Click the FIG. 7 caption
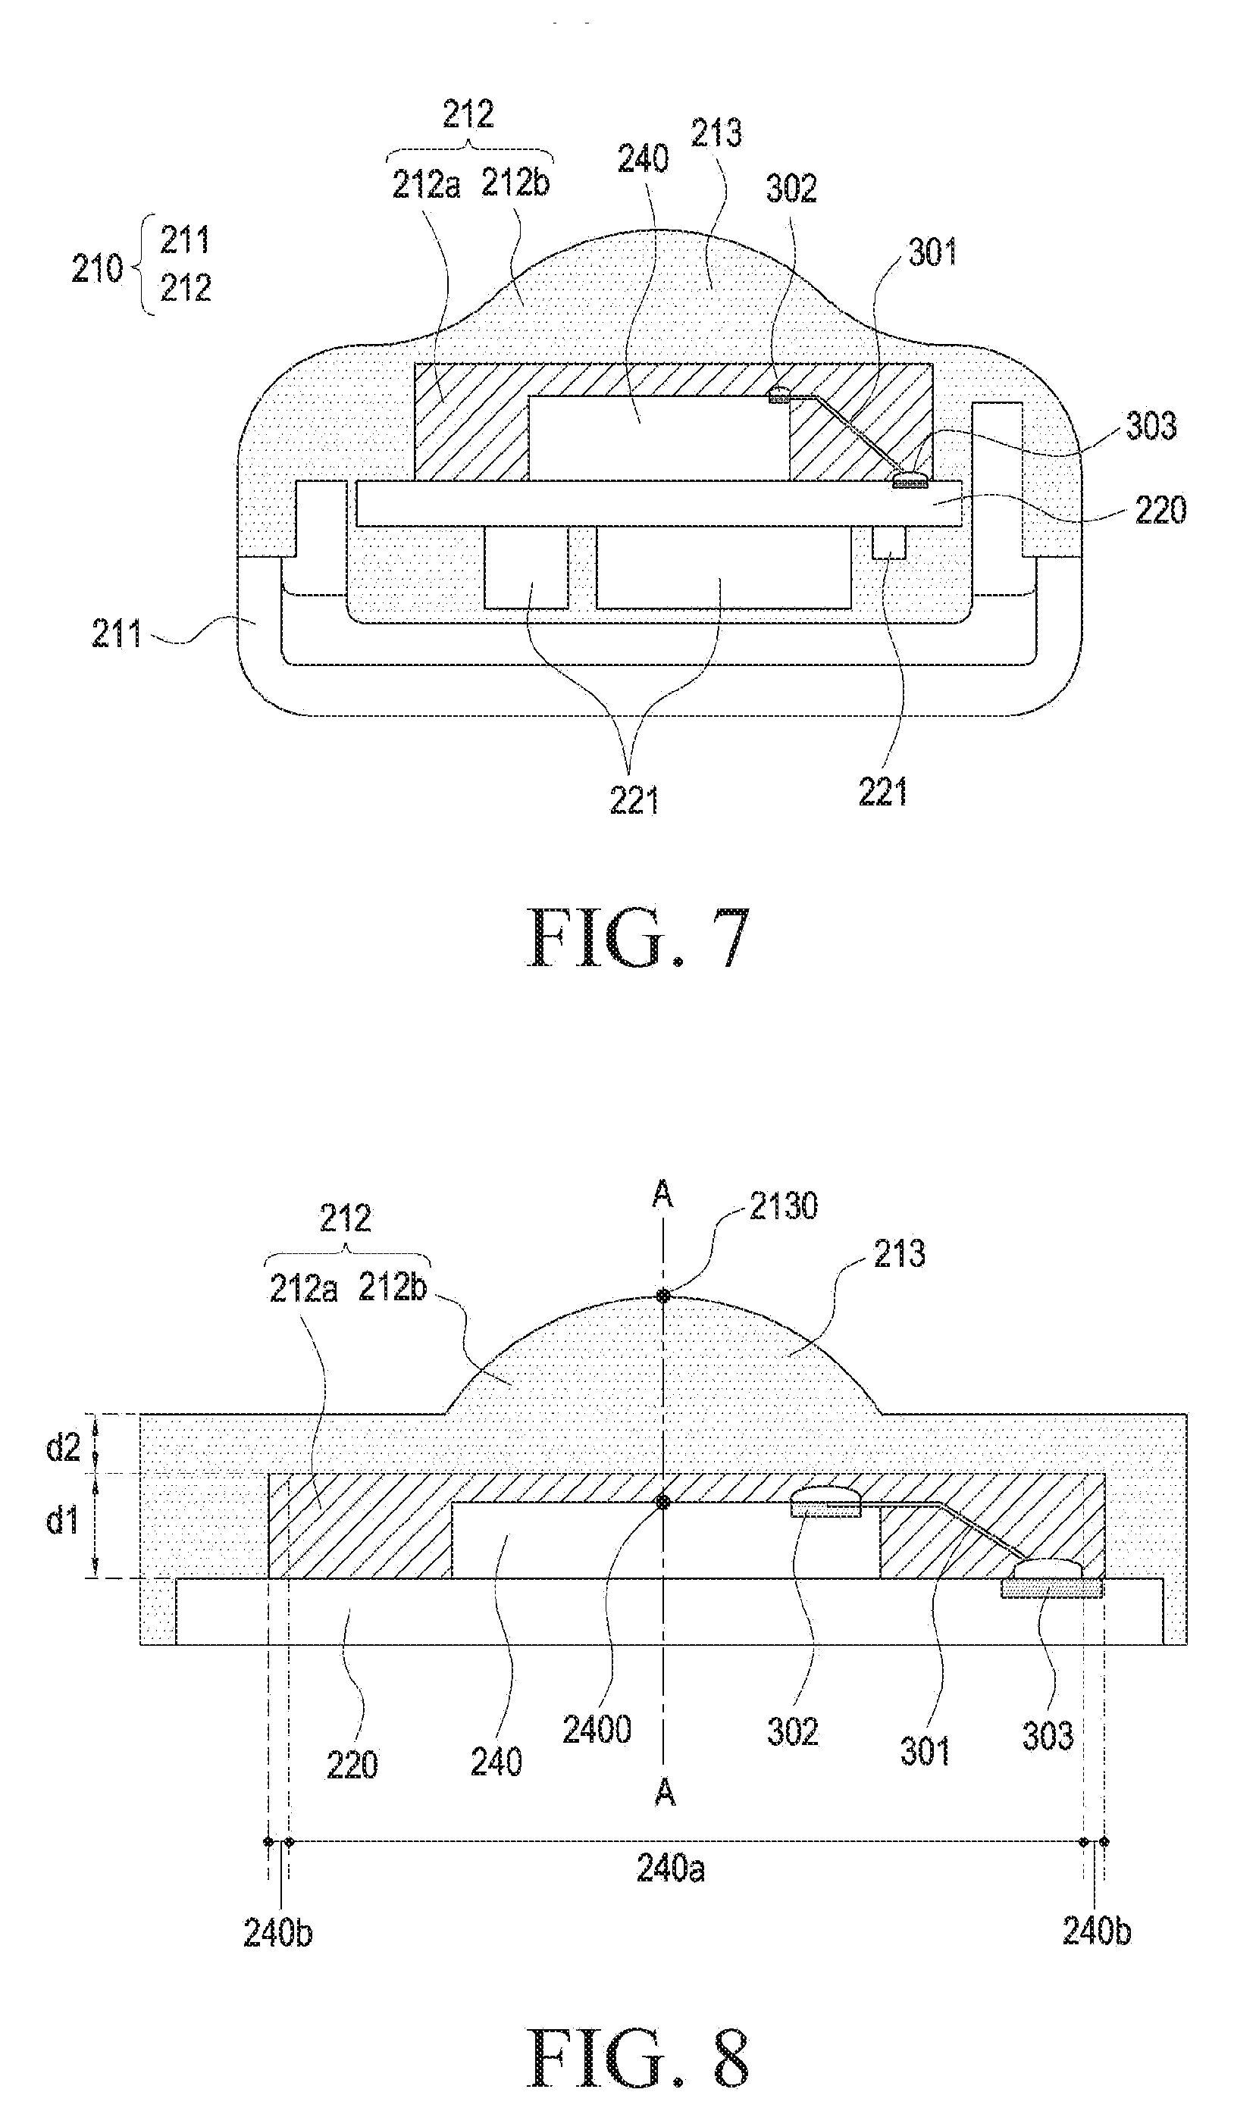coord(638,939)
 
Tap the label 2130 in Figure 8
coord(782,1206)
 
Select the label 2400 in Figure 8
coord(597,1729)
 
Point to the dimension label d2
coord(63,1447)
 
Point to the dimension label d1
coord(62,1518)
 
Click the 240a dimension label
coord(670,1868)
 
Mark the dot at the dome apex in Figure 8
coord(662,1296)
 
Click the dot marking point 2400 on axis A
coord(662,1502)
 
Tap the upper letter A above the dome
coord(662,1193)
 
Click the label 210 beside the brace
coord(97,269)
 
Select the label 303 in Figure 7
coord(1151,427)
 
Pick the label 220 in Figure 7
coord(1160,510)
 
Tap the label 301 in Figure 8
coord(925,1752)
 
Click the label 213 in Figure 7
coord(716,133)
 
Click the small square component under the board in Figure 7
coord(888,542)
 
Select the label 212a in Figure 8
coord(303,1289)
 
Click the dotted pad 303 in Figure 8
coord(1051,1588)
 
